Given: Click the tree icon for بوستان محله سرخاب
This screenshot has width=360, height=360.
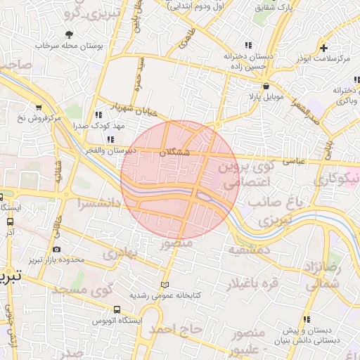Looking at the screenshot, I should [x=69, y=34].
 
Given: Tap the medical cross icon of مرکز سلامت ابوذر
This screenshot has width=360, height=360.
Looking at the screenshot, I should [x=323, y=48].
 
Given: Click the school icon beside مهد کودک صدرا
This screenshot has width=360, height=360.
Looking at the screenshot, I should [x=97, y=115].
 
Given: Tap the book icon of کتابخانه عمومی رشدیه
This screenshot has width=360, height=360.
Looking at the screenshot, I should [x=165, y=285].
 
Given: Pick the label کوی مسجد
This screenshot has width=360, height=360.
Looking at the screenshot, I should [x=86, y=290].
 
